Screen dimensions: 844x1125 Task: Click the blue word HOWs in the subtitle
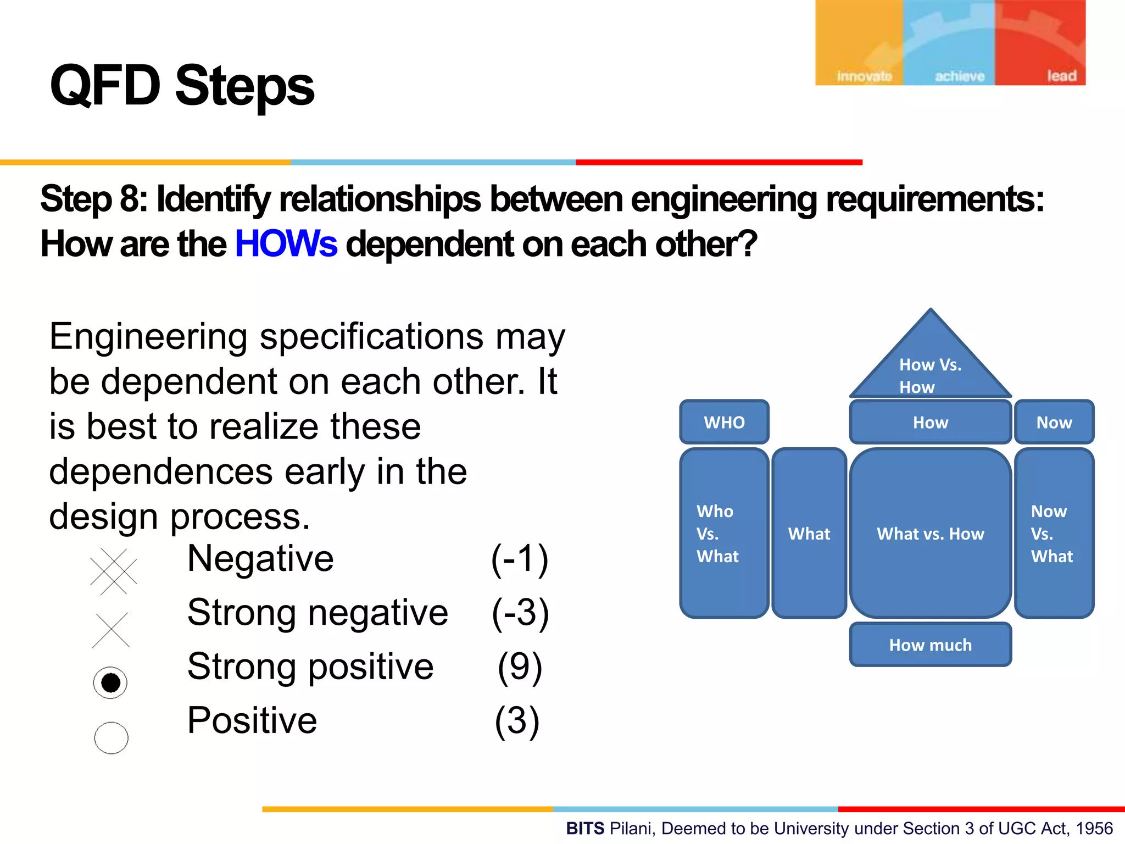286,244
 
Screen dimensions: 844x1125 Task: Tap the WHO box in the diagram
724,422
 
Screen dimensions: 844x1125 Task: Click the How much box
931,645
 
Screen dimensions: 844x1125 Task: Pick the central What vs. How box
931,533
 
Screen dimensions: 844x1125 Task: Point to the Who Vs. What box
723,533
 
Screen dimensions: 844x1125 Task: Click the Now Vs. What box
1054,533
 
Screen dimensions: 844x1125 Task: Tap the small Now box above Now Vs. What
1054,422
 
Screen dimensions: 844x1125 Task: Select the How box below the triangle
931,422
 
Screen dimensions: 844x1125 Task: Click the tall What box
809,533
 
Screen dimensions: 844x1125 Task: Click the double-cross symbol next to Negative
113,571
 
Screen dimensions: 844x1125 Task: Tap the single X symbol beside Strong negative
111,630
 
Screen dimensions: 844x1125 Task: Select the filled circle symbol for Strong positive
110,683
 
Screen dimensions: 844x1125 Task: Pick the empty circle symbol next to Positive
111,737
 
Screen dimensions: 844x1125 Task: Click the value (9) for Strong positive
520,667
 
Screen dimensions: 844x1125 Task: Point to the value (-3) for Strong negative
520,613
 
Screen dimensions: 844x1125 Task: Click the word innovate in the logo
864,76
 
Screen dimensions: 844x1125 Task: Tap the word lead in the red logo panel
1061,76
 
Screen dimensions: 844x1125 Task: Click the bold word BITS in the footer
585,828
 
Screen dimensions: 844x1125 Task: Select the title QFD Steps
182,86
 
